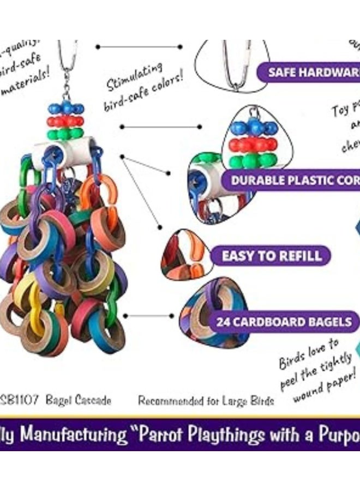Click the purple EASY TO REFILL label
click(271, 255)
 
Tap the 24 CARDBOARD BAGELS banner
click(284, 322)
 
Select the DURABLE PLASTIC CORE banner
click(293, 181)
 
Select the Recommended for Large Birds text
click(206, 402)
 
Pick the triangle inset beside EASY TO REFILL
click(183, 256)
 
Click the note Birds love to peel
click(316, 371)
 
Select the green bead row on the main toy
click(65, 133)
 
